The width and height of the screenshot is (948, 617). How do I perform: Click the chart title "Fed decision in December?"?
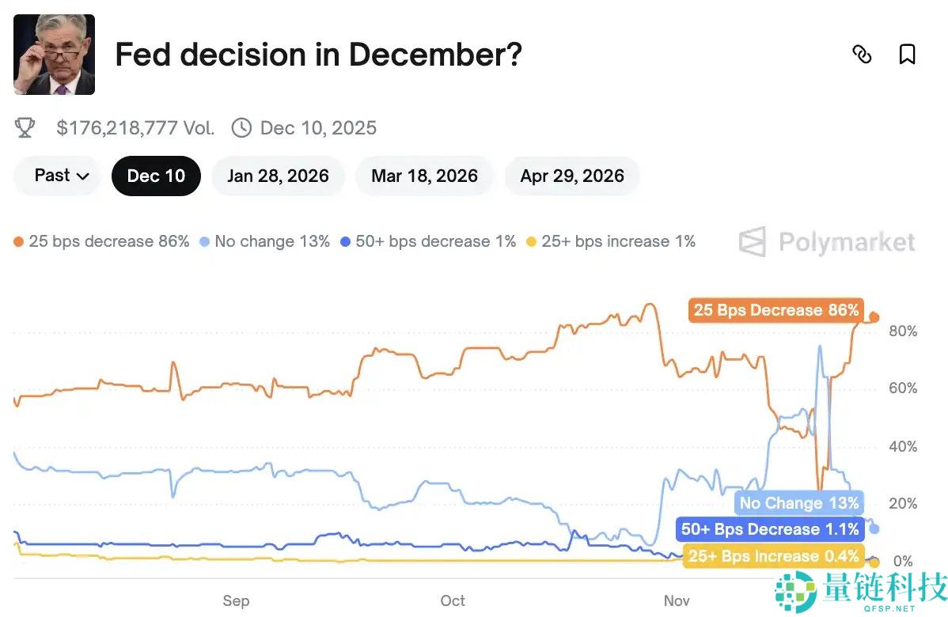click(x=318, y=55)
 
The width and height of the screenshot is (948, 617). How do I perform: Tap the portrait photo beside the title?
click(x=54, y=55)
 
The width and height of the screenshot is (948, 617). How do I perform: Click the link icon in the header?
click(x=862, y=55)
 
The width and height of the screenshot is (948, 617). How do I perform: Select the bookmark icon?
click(x=907, y=55)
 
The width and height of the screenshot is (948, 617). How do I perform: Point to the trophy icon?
click(x=25, y=128)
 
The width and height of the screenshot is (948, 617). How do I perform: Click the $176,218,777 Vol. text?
click(x=135, y=128)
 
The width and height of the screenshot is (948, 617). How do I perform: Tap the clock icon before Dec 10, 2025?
click(x=241, y=128)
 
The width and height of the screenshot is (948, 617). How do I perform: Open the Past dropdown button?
click(x=60, y=176)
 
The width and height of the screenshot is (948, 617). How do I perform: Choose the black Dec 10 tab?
click(x=156, y=176)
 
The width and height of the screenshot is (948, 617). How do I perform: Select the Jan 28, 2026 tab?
click(x=278, y=176)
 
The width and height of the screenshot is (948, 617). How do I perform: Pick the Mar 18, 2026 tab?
click(x=424, y=176)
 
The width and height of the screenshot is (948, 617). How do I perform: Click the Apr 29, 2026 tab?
click(x=572, y=176)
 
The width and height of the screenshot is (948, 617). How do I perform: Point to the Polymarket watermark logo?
click(x=827, y=242)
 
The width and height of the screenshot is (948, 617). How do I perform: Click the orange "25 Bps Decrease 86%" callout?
click(x=775, y=310)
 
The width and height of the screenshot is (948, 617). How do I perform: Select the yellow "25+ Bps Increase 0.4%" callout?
click(x=773, y=556)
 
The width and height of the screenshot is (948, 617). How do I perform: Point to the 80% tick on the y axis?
click(x=903, y=331)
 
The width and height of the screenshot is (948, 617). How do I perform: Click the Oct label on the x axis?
click(x=453, y=600)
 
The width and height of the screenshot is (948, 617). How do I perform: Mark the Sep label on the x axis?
click(x=236, y=600)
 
